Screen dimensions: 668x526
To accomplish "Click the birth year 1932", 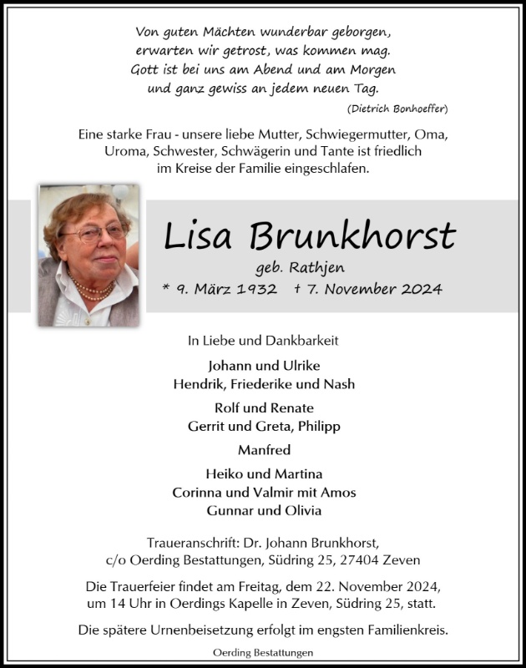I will point(255,289).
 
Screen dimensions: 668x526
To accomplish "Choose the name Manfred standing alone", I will point(264,450).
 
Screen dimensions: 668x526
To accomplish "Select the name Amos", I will point(340,492).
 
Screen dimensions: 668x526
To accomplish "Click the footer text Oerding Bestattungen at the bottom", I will point(264,651).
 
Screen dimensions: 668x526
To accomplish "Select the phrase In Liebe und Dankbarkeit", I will point(263,341).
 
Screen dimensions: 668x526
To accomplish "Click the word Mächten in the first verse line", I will point(218,32).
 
